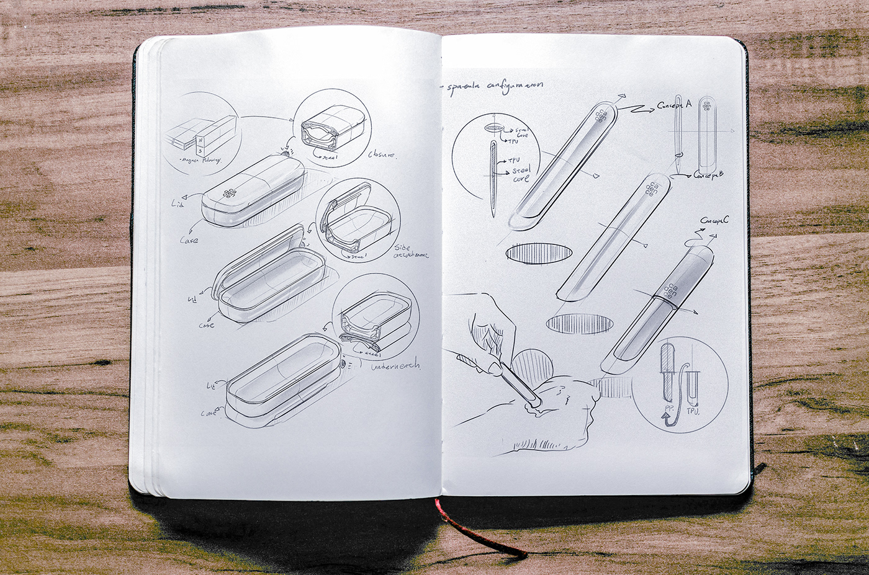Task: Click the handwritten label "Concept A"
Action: [x=674, y=105]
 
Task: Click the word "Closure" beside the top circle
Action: [x=382, y=154]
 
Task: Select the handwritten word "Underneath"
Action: [x=395, y=367]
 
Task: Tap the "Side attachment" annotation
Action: [x=410, y=251]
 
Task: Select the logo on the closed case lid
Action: [x=230, y=193]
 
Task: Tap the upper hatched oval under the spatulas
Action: [x=539, y=253]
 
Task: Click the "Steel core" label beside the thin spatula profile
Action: [x=521, y=174]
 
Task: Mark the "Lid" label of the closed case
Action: [x=176, y=203]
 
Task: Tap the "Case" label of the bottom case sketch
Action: [x=209, y=412]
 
